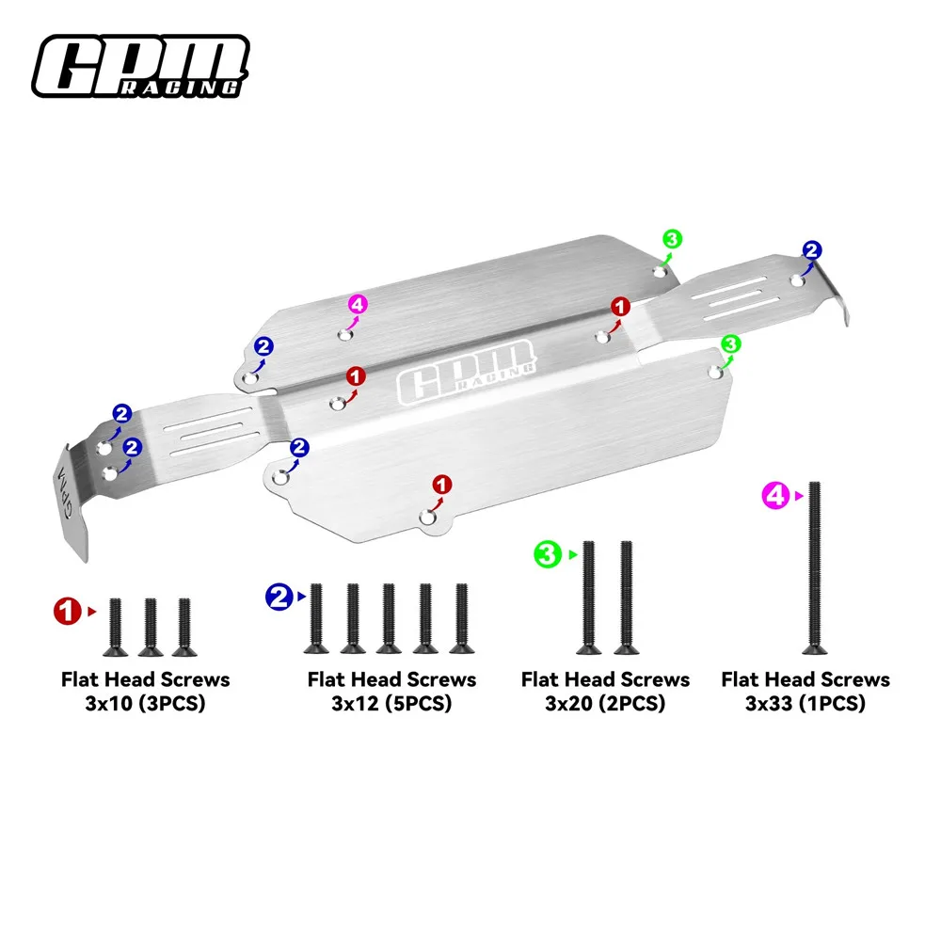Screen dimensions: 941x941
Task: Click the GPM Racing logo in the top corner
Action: click(x=141, y=65)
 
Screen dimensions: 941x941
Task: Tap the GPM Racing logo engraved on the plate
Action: click(x=468, y=370)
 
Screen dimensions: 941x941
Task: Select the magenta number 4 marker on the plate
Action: click(x=358, y=304)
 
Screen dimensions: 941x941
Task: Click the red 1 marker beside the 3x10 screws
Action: click(x=67, y=611)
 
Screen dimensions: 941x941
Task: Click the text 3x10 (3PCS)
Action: click(x=145, y=703)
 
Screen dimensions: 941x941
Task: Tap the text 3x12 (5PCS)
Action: click(x=391, y=703)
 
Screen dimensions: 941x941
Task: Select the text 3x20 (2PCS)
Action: click(x=605, y=703)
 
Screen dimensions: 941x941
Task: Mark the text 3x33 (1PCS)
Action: click(x=805, y=703)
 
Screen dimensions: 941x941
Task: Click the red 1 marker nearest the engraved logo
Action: click(x=355, y=376)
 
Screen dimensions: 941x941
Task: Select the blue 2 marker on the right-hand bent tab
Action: click(x=812, y=250)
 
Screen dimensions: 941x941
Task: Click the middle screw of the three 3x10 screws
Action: click(x=150, y=627)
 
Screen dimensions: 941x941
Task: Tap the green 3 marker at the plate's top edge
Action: click(x=671, y=239)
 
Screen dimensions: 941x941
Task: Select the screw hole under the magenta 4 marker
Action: click(x=345, y=333)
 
